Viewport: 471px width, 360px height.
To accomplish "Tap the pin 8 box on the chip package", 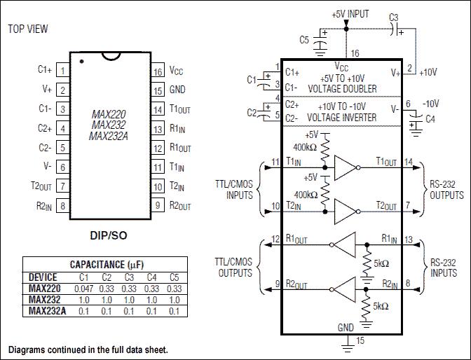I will tap(62, 206).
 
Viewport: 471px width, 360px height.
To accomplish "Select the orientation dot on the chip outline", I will tap(81, 62).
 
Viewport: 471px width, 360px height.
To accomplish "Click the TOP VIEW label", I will tap(29, 29).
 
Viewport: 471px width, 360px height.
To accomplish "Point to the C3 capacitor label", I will tap(393, 17).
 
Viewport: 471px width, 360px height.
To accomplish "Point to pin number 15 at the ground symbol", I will tap(361, 340).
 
